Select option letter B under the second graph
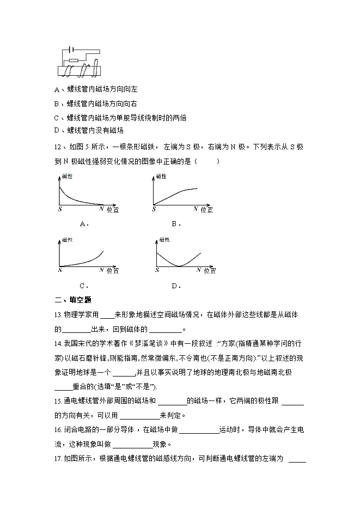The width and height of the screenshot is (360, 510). click(176, 223)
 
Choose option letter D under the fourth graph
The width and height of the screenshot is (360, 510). click(175, 285)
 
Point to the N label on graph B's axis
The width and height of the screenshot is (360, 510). click(196, 209)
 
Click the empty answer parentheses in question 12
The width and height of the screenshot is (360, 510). click(208, 161)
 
